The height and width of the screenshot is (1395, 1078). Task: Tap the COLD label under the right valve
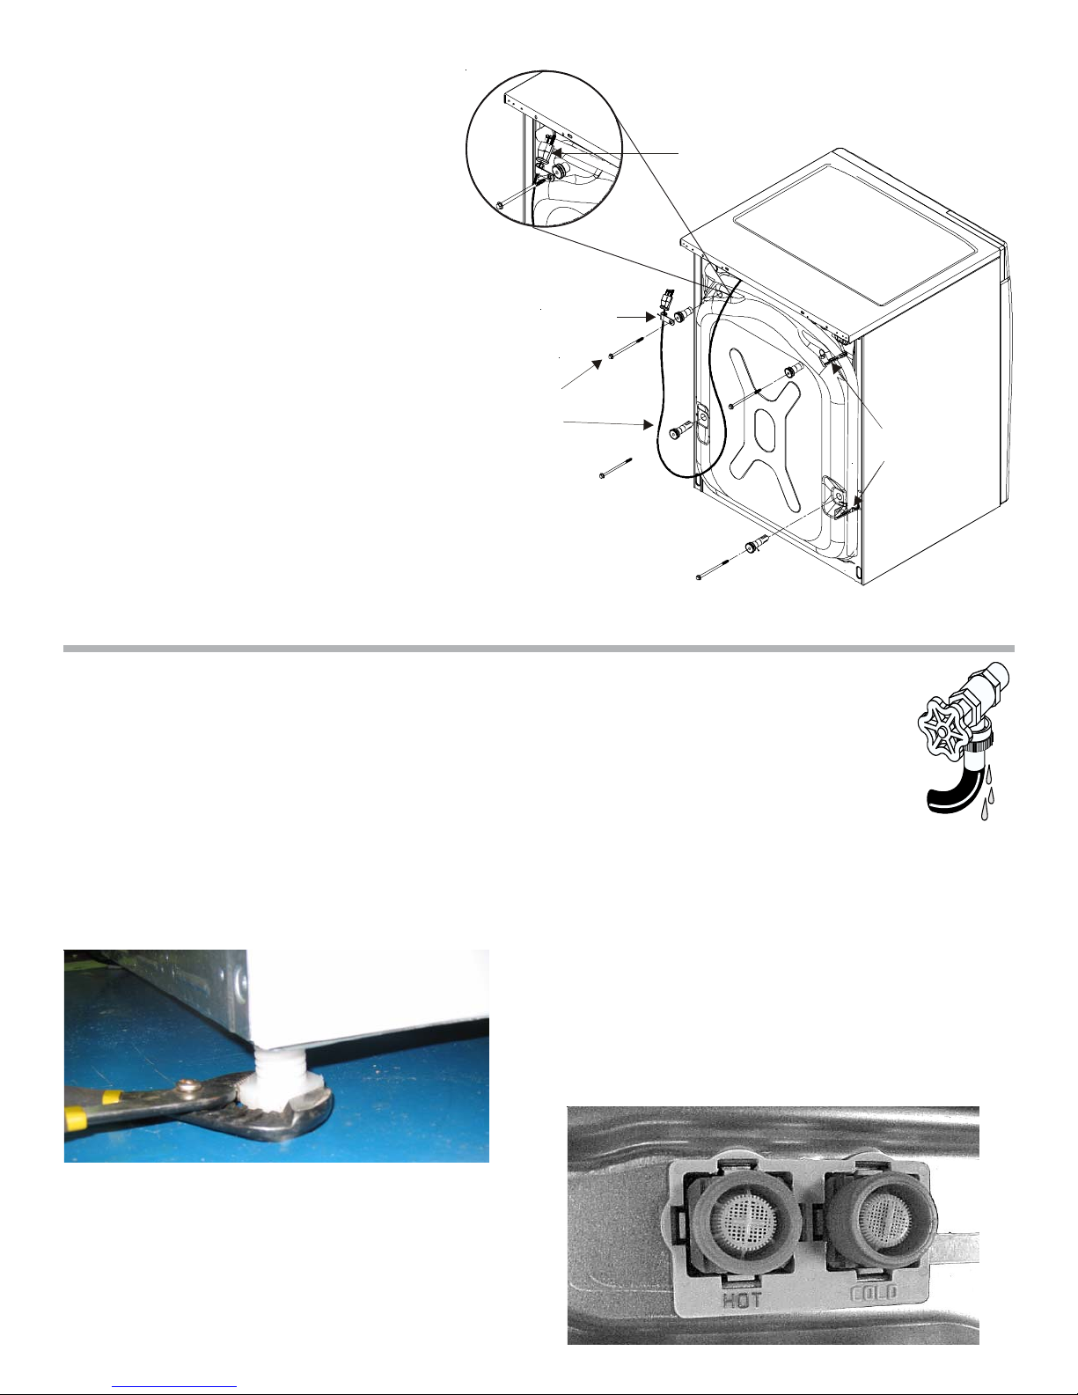pos(873,1292)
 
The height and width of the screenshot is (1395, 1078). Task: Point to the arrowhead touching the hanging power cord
pos(649,424)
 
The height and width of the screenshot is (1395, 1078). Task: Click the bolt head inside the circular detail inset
pos(499,205)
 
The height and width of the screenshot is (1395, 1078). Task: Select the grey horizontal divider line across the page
pos(539,649)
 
